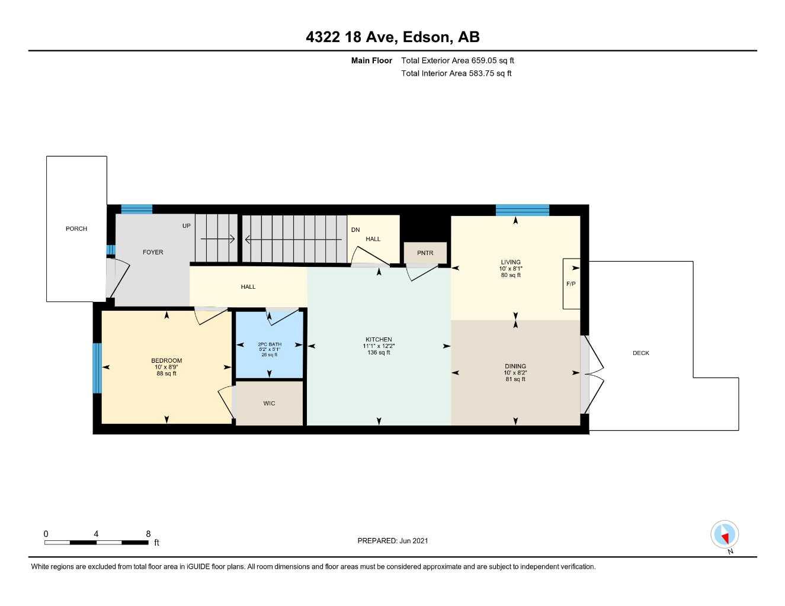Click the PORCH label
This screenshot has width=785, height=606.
tap(76, 228)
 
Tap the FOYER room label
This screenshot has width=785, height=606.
tap(153, 252)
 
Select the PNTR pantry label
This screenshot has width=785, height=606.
tap(425, 253)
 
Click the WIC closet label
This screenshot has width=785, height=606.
tap(269, 404)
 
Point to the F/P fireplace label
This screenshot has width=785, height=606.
tap(571, 284)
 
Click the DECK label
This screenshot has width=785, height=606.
tap(640, 353)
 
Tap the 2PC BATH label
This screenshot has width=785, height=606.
tap(270, 344)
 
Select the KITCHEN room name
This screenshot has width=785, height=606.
tap(379, 340)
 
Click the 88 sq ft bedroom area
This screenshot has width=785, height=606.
tap(166, 374)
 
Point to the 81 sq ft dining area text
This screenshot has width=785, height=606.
tap(515, 379)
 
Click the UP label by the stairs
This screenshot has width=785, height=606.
tap(187, 226)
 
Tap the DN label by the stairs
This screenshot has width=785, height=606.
tap(355, 230)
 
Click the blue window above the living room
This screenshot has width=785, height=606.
tap(522, 210)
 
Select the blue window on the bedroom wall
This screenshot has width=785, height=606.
tap(97, 368)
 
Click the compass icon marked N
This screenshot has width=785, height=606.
tap(724, 535)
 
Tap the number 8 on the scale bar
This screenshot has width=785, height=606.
tap(148, 534)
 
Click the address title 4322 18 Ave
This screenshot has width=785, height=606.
tap(392, 37)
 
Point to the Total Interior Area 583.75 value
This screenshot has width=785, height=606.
tap(456, 73)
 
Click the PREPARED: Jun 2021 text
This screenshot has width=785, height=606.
tap(392, 541)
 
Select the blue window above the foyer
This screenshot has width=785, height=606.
tap(137, 209)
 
